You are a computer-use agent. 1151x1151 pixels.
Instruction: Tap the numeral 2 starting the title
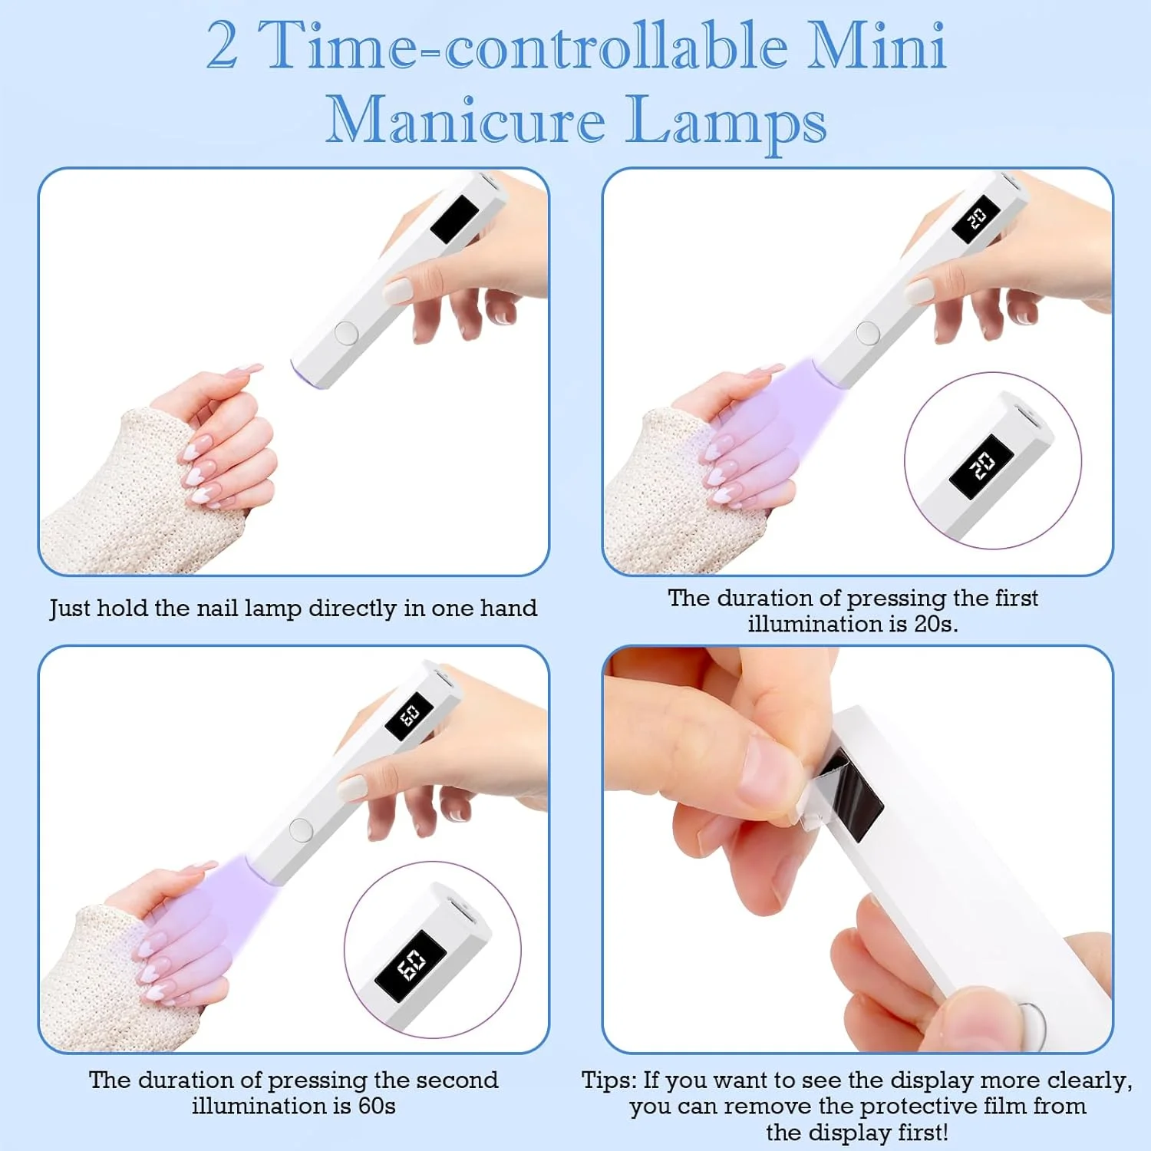tap(222, 45)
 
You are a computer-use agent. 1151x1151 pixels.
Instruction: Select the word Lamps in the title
tap(727, 123)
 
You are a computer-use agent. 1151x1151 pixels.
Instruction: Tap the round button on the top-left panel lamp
tap(346, 332)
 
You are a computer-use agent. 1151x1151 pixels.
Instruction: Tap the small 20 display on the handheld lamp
tap(975, 219)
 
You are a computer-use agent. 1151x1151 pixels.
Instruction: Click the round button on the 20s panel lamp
tap(867, 332)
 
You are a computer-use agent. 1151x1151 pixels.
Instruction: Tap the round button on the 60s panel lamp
tap(300, 829)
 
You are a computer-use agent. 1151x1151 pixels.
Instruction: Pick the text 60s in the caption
tap(377, 1106)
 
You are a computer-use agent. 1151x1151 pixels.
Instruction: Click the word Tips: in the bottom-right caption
tap(609, 1080)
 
